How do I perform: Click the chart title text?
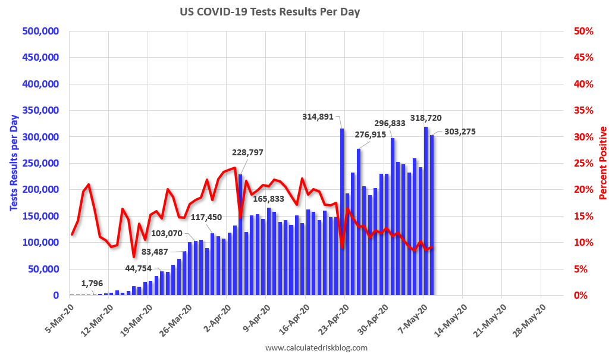270,11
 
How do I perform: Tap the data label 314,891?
320,117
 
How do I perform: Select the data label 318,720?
426,118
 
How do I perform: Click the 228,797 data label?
247,152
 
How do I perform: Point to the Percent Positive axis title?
603,162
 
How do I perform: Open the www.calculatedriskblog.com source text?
316,348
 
